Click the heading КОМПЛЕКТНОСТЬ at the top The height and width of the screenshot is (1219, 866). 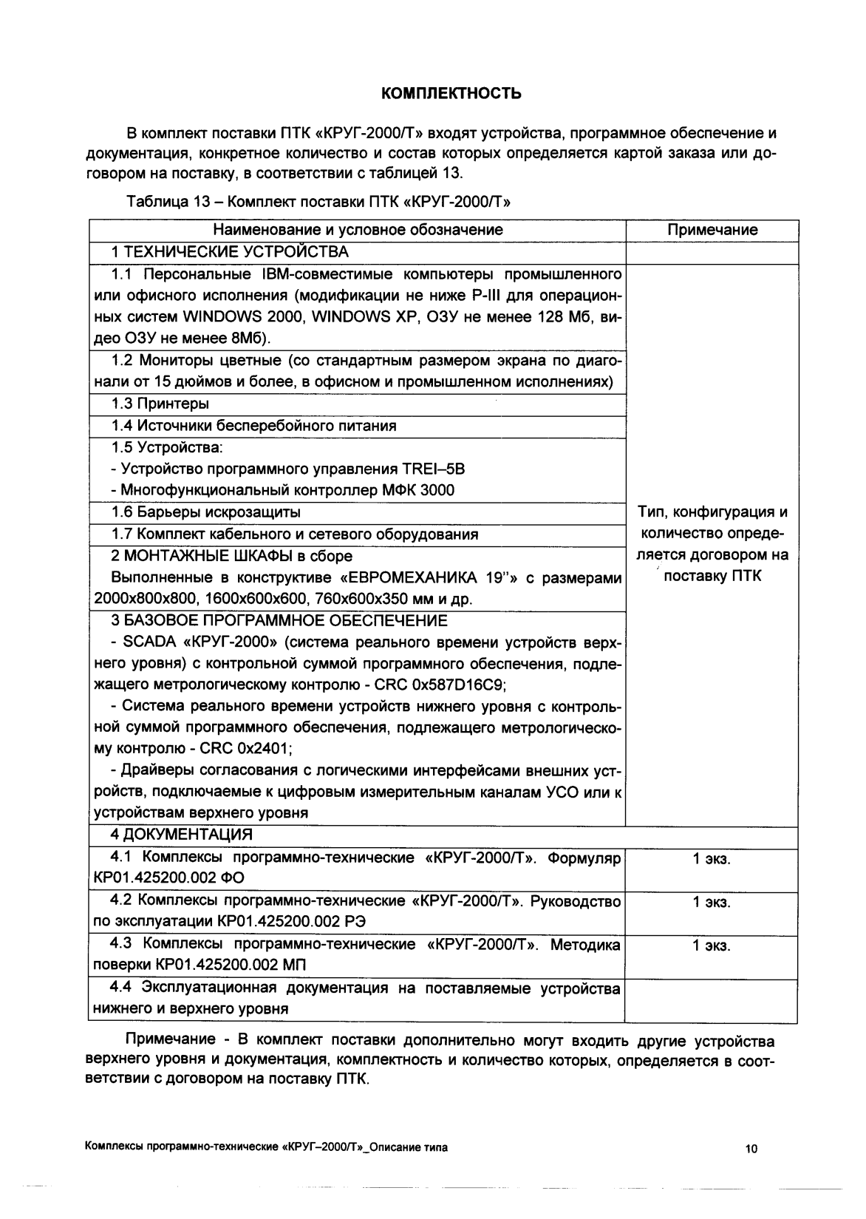(x=451, y=94)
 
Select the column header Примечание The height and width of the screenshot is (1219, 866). (x=712, y=230)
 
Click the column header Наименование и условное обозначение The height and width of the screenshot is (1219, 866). (x=357, y=230)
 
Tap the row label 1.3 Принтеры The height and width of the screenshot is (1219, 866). (x=160, y=404)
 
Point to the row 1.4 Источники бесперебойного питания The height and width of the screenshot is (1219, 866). (x=253, y=426)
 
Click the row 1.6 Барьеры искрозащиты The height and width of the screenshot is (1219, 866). (x=205, y=512)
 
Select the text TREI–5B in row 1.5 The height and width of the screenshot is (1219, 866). (x=434, y=469)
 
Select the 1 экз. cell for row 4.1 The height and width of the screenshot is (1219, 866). (x=711, y=859)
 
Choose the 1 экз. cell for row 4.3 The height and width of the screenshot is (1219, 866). (x=711, y=945)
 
